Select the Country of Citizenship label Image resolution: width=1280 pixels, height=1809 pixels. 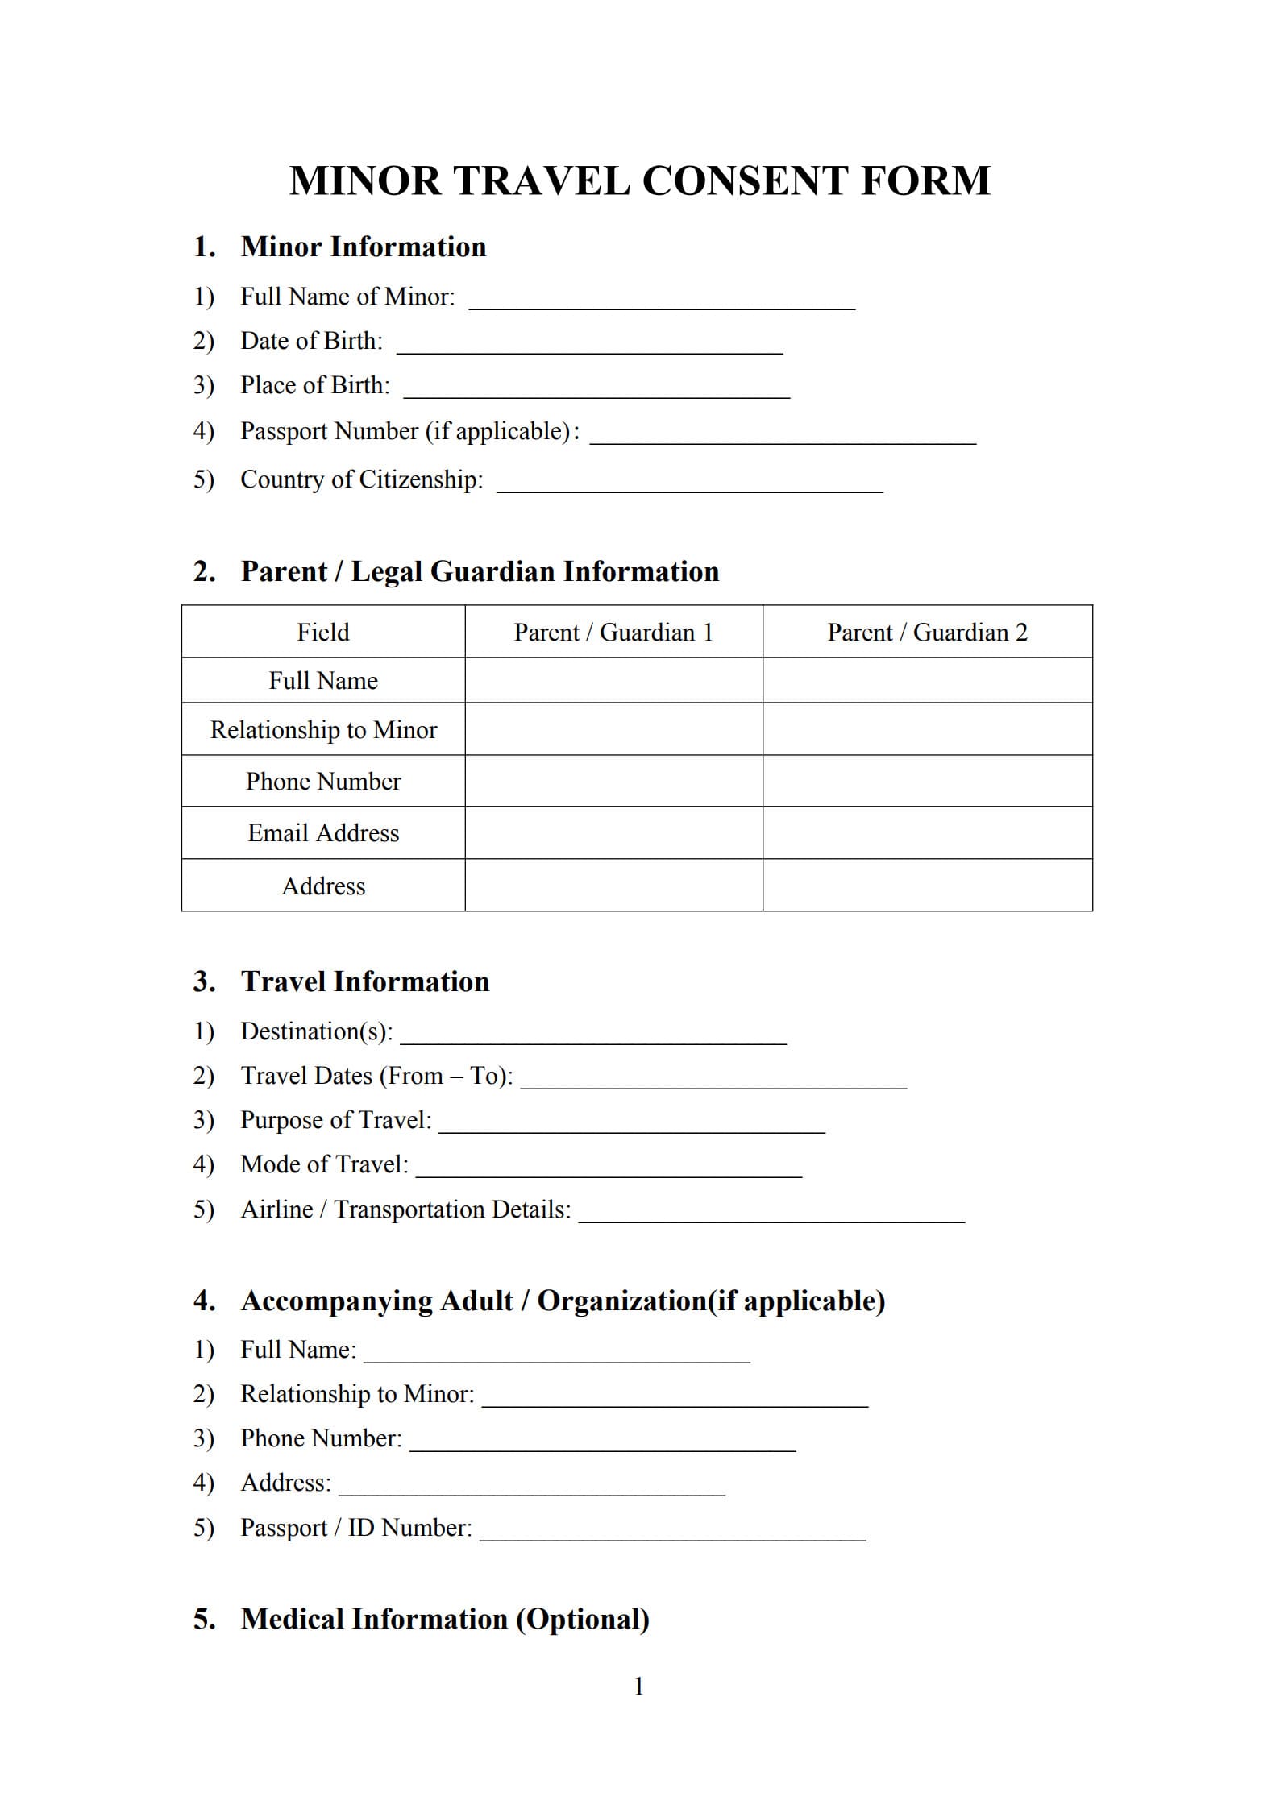pyautogui.click(x=361, y=479)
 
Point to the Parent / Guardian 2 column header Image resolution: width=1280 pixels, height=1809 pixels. pyautogui.click(x=927, y=633)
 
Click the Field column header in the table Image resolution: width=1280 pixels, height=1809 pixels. pyautogui.click(x=323, y=633)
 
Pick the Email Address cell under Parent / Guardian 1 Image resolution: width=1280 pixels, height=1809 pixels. pyautogui.click(x=613, y=832)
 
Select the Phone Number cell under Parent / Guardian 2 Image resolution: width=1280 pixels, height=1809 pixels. pyautogui.click(x=927, y=781)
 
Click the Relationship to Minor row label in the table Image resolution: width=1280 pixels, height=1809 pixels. pyautogui.click(x=323, y=730)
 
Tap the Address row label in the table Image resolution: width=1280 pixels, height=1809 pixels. pyautogui.click(x=323, y=886)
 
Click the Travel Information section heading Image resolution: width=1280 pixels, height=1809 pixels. pyautogui.click(x=364, y=981)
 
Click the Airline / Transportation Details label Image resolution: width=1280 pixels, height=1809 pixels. pyautogui.click(x=405, y=1209)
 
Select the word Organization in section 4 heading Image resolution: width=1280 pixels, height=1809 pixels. pyautogui.click(x=621, y=1301)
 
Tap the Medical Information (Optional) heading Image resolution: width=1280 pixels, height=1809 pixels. pyautogui.click(x=445, y=1620)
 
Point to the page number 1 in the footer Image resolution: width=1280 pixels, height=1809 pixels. pyautogui.click(x=639, y=1687)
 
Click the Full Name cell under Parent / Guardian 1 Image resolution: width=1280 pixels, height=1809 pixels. pyautogui.click(x=613, y=681)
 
